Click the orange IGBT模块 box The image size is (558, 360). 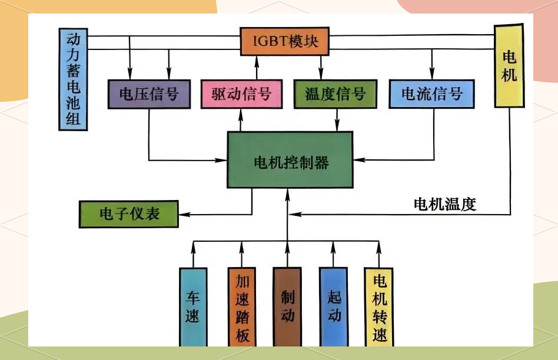click(x=284, y=41)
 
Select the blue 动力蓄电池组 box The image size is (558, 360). click(x=74, y=79)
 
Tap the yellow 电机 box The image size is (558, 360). click(x=509, y=66)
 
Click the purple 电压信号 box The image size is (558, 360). click(x=149, y=94)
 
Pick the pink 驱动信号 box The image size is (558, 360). click(x=241, y=94)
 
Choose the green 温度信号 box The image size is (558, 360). click(x=335, y=94)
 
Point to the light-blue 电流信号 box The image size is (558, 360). click(x=432, y=94)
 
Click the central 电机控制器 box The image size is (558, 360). click(x=290, y=160)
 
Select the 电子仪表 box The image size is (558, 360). click(x=128, y=214)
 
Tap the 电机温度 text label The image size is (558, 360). click(x=445, y=205)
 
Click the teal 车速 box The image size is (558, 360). click(x=193, y=306)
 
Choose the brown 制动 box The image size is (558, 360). click(x=287, y=306)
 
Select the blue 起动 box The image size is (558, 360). click(x=334, y=306)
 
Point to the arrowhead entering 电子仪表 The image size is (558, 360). click(x=182, y=214)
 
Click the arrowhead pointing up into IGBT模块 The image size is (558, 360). click(x=257, y=60)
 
